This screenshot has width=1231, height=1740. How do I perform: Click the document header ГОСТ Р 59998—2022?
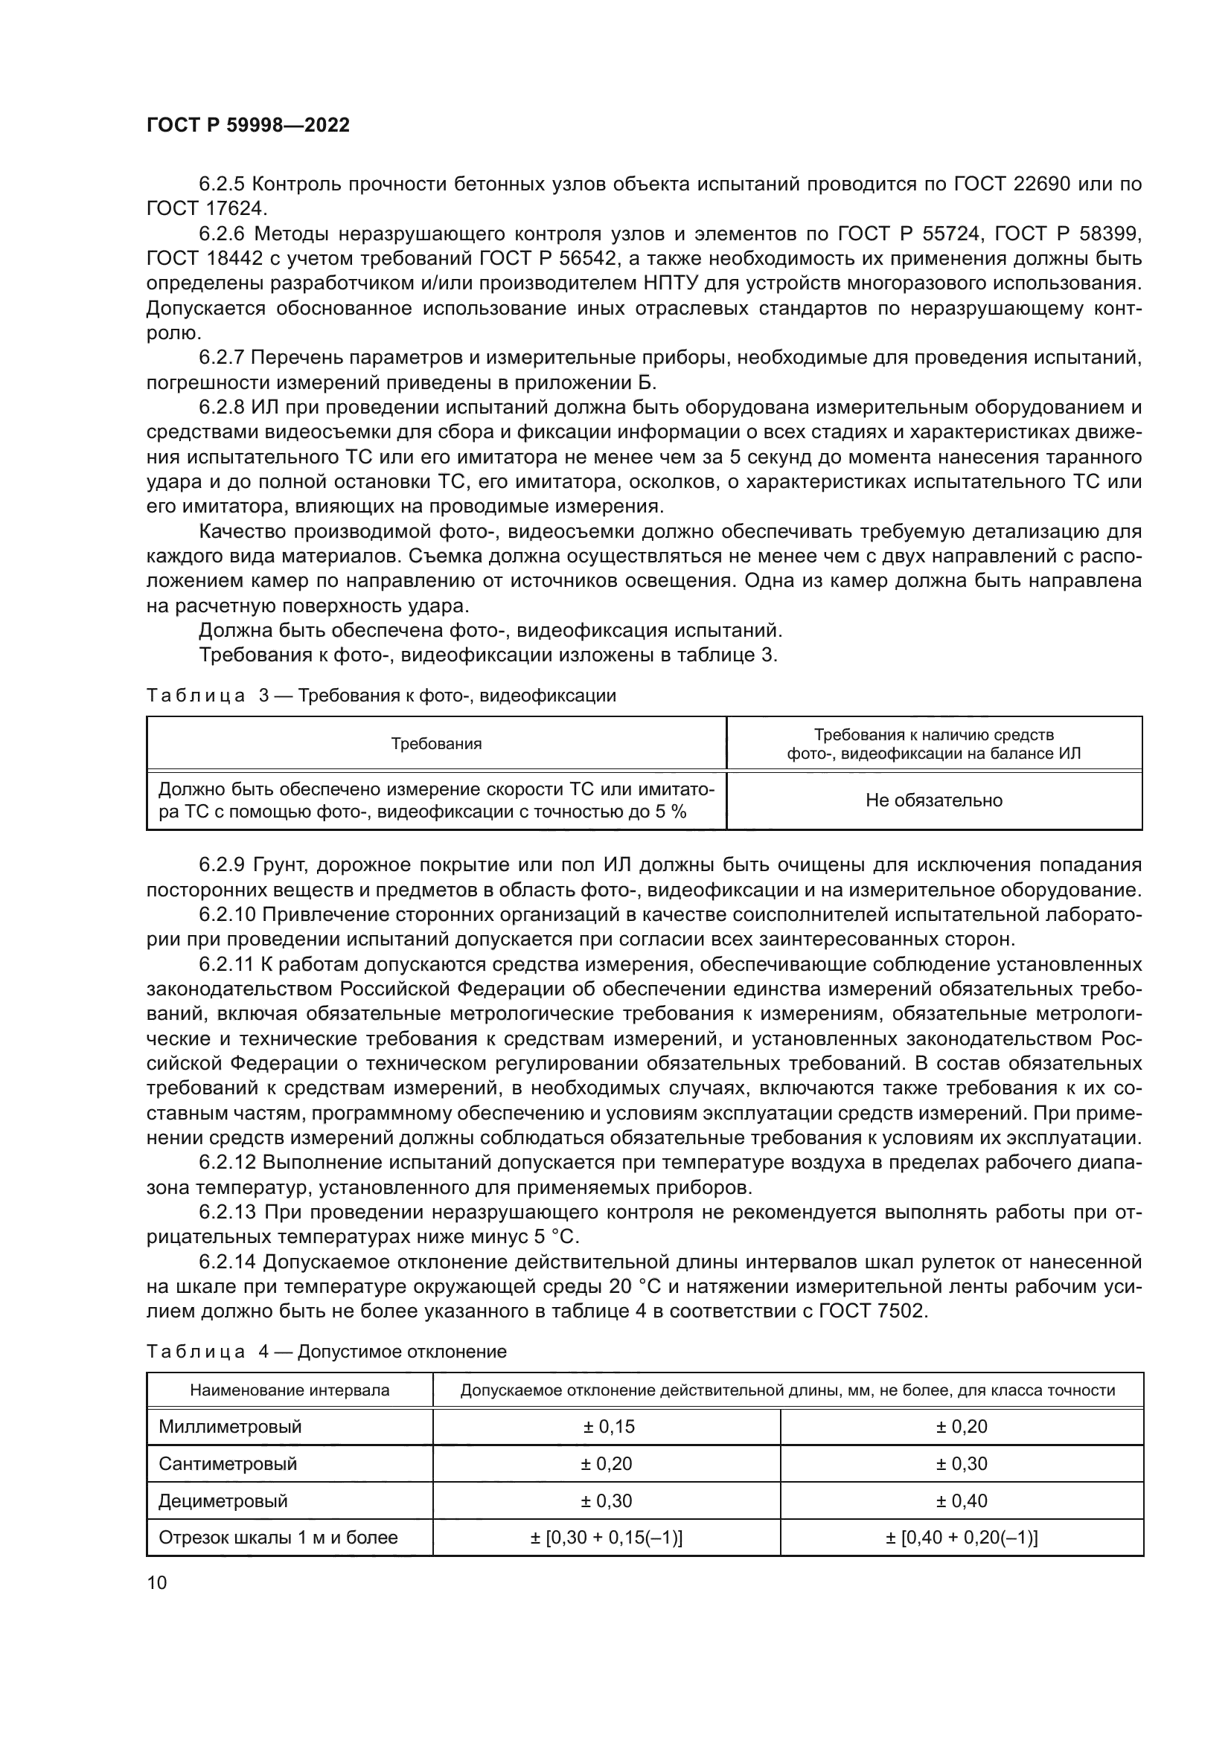tap(248, 126)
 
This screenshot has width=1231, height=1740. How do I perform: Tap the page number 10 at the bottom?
tap(157, 1582)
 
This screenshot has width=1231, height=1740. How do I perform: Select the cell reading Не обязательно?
tap(934, 800)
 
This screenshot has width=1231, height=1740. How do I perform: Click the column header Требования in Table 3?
tap(436, 743)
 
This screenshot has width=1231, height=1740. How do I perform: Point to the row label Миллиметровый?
tap(230, 1427)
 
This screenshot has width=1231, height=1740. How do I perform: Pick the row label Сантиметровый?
tap(228, 1464)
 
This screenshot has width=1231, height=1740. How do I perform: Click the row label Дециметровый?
tap(223, 1501)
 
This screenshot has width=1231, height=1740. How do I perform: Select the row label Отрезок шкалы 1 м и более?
tap(278, 1538)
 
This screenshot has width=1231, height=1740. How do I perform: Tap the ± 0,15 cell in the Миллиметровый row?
tap(608, 1427)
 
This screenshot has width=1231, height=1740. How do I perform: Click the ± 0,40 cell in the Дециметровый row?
tap(961, 1501)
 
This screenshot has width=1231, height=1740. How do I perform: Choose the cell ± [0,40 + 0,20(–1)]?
tap(961, 1538)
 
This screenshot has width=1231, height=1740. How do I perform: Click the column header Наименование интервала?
tap(290, 1390)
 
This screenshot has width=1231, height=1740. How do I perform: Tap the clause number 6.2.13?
tap(228, 1212)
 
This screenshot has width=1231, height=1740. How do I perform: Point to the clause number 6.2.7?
tap(221, 358)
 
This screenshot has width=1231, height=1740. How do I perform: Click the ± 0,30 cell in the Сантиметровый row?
tap(961, 1464)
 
